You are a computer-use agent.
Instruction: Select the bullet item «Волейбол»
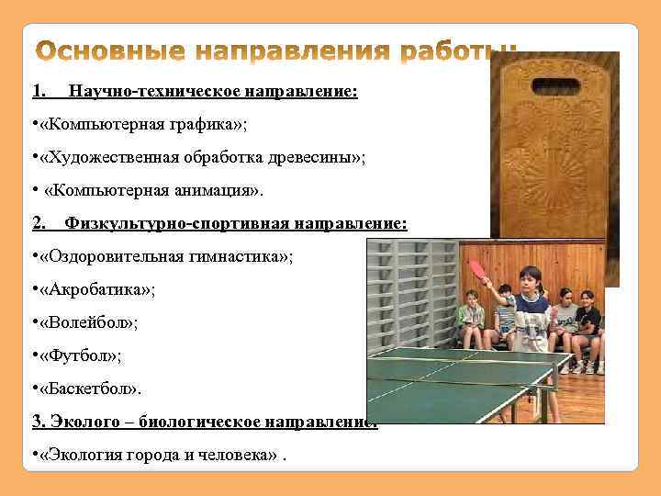tap(90, 321)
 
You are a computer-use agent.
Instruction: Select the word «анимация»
tap(212, 190)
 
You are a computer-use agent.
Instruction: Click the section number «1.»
tap(39, 92)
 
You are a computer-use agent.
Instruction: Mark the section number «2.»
tap(39, 223)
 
